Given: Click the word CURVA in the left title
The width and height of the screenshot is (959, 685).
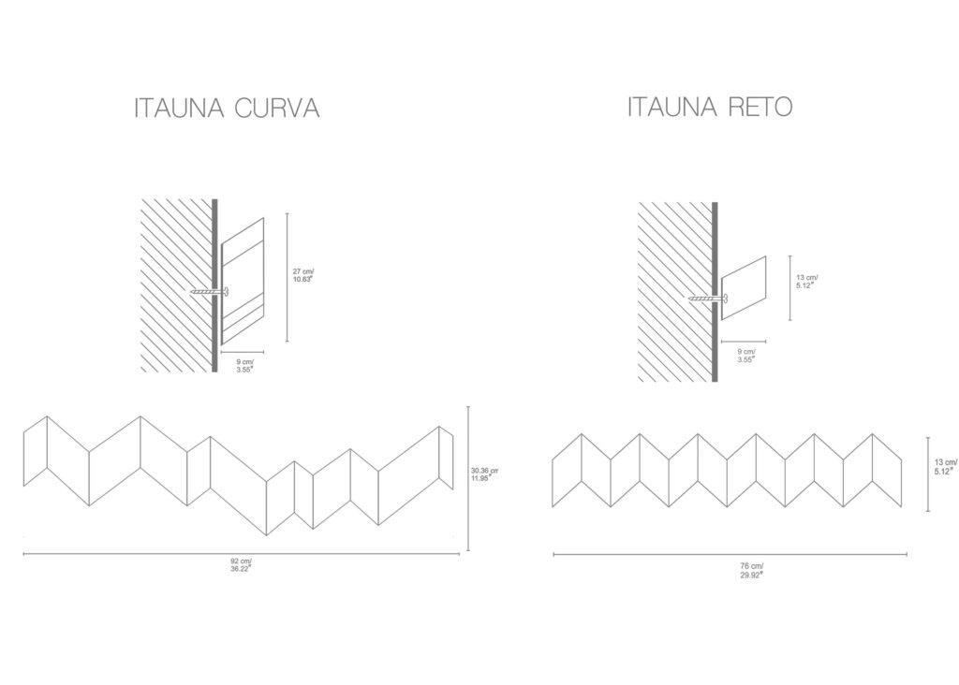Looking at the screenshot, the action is point(277,108).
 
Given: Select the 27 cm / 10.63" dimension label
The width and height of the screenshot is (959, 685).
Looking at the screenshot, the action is point(303,275).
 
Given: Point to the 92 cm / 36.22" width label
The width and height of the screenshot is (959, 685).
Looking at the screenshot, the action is point(241,564).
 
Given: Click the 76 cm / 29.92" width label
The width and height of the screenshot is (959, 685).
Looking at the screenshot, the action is point(752,570).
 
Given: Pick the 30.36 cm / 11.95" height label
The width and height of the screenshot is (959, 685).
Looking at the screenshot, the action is point(484,474).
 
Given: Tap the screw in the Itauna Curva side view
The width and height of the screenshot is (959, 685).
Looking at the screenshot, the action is point(209,291).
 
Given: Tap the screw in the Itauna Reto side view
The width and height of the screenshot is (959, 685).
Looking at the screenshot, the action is point(708,299).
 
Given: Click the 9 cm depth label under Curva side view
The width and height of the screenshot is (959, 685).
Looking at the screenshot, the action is point(244,365).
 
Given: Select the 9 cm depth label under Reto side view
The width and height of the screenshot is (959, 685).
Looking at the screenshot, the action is point(746,355).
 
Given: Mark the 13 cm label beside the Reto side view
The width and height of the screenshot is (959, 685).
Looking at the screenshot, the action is point(806,281).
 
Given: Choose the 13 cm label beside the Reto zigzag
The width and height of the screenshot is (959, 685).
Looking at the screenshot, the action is point(946,467).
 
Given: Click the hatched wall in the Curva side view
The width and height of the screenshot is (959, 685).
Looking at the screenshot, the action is point(176,284).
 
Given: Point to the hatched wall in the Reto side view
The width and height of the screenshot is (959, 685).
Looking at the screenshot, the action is point(674,292).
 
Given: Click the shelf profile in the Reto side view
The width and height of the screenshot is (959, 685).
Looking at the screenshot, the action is point(744,288).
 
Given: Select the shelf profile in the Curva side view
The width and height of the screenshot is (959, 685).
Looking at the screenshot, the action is point(243,281).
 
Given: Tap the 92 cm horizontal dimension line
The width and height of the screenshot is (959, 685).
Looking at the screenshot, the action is point(241,554).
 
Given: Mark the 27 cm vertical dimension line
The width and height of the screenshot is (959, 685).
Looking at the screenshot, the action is point(288,277).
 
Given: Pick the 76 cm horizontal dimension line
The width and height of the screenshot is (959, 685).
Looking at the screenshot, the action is point(730,554).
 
